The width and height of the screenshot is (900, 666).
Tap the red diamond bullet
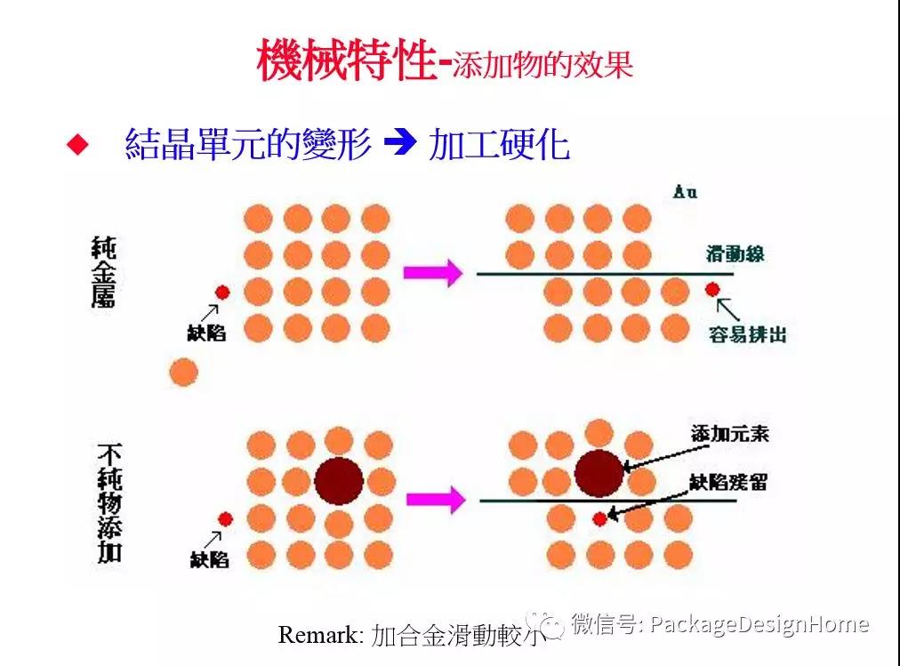click(79, 145)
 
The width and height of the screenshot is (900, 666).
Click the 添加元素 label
click(729, 434)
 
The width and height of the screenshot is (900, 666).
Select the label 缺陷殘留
click(729, 483)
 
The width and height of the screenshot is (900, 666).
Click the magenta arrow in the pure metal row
click(433, 272)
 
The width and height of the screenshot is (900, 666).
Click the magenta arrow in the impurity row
click(435, 500)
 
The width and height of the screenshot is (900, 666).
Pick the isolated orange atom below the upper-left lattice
click(183, 371)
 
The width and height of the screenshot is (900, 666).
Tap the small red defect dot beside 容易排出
click(711, 289)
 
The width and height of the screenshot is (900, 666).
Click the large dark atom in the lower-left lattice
click(339, 481)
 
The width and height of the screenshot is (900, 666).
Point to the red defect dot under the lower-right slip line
click(600, 518)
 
